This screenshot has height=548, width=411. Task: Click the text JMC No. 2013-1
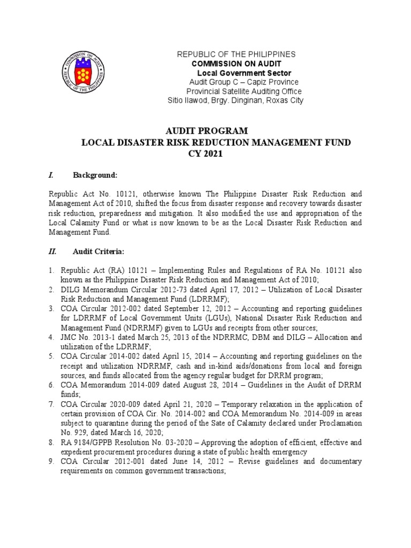pyautogui.click(x=86, y=338)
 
